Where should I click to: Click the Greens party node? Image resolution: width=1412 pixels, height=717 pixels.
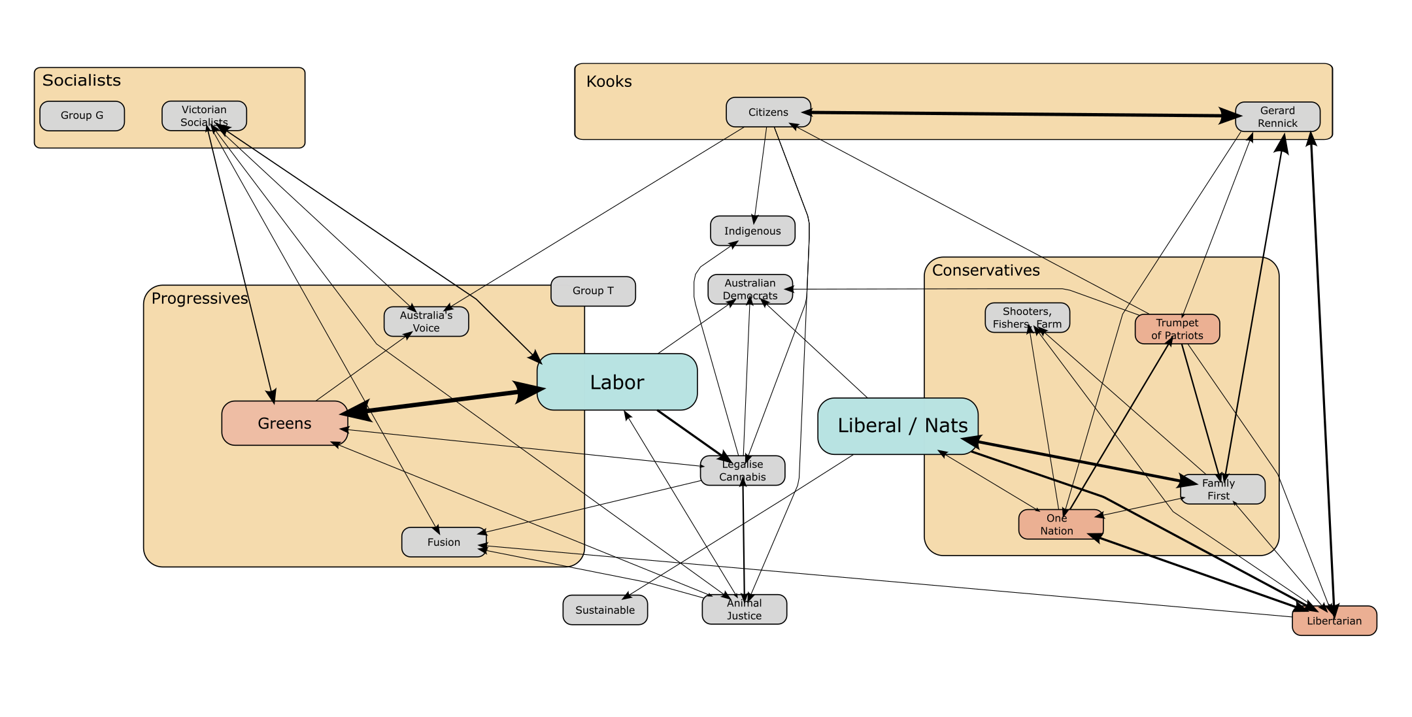coord(284,424)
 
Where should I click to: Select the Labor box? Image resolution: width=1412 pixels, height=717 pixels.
coord(616,382)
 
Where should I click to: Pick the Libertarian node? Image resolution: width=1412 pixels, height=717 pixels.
coord(1334,621)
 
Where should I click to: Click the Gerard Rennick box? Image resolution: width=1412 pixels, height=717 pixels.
coord(1277,117)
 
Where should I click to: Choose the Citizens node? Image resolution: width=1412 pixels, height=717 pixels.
coord(768,112)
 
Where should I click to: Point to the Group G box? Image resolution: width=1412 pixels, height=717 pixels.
coord(82,116)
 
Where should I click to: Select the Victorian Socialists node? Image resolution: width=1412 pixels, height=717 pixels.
coord(204,116)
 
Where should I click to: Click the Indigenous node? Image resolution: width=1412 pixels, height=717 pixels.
coord(752,231)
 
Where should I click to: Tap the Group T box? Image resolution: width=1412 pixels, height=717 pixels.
coord(593,291)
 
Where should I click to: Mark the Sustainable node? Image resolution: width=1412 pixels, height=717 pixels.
coord(605,610)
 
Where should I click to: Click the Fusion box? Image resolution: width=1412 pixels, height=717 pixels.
coord(444,542)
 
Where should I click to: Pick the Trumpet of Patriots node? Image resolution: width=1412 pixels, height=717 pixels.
coord(1177,329)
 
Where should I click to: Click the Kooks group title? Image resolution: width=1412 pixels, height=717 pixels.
coord(609,82)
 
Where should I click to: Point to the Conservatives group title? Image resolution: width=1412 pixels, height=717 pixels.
coord(985,271)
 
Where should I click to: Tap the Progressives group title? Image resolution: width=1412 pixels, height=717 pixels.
coord(199,299)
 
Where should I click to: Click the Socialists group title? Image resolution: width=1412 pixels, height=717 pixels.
coord(81,80)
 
